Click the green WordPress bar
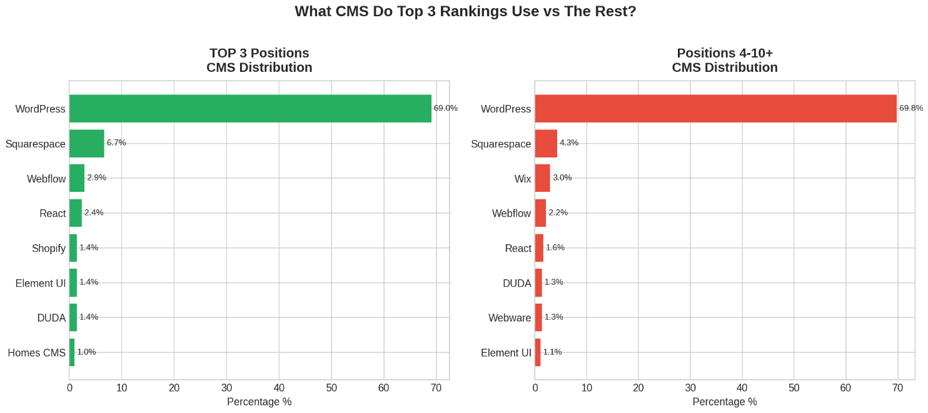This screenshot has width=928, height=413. pos(250,109)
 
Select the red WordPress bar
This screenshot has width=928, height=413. pos(715,109)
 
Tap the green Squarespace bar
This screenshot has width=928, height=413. pos(87,144)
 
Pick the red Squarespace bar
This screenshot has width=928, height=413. pos(546,144)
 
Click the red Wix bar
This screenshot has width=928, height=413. pos(542,178)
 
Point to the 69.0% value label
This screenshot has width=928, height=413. pos(445,108)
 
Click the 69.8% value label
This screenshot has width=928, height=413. pos(911,108)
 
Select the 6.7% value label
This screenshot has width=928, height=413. pos(116,142)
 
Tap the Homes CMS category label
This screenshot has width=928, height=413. pos(36,353)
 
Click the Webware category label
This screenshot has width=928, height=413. pos(510,318)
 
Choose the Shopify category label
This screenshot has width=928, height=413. pos(49,249)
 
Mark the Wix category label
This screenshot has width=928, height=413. pos(523,179)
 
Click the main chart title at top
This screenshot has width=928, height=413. pos(465,12)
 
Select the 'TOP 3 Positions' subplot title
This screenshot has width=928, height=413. pos(259,53)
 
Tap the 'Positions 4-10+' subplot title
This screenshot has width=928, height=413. pos(724,53)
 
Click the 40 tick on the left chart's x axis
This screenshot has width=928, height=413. pos(279,388)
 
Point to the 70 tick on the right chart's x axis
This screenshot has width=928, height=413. pos(897,388)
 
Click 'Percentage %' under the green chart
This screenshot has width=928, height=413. pos(259,402)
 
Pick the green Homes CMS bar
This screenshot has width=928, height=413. pos(72,352)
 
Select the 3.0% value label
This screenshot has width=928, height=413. pos(562,177)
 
